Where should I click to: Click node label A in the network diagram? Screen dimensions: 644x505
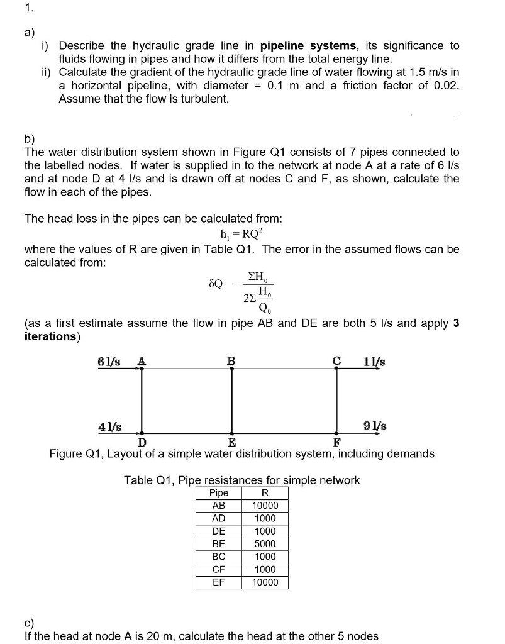click(x=142, y=360)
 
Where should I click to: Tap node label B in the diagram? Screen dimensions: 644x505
click(x=231, y=360)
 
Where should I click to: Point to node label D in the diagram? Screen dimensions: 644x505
click(x=142, y=441)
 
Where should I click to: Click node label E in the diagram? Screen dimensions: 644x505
click(x=231, y=441)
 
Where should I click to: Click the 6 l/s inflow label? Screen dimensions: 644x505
click(x=109, y=361)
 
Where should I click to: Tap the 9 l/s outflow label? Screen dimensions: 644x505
click(x=375, y=426)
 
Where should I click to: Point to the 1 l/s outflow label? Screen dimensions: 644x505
click(x=374, y=361)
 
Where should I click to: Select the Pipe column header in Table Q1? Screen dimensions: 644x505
click(x=218, y=493)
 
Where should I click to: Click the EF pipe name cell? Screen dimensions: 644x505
click(x=218, y=582)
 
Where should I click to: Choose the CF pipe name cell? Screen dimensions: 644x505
click(x=218, y=569)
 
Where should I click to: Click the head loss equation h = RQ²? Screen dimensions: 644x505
click(x=242, y=234)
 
